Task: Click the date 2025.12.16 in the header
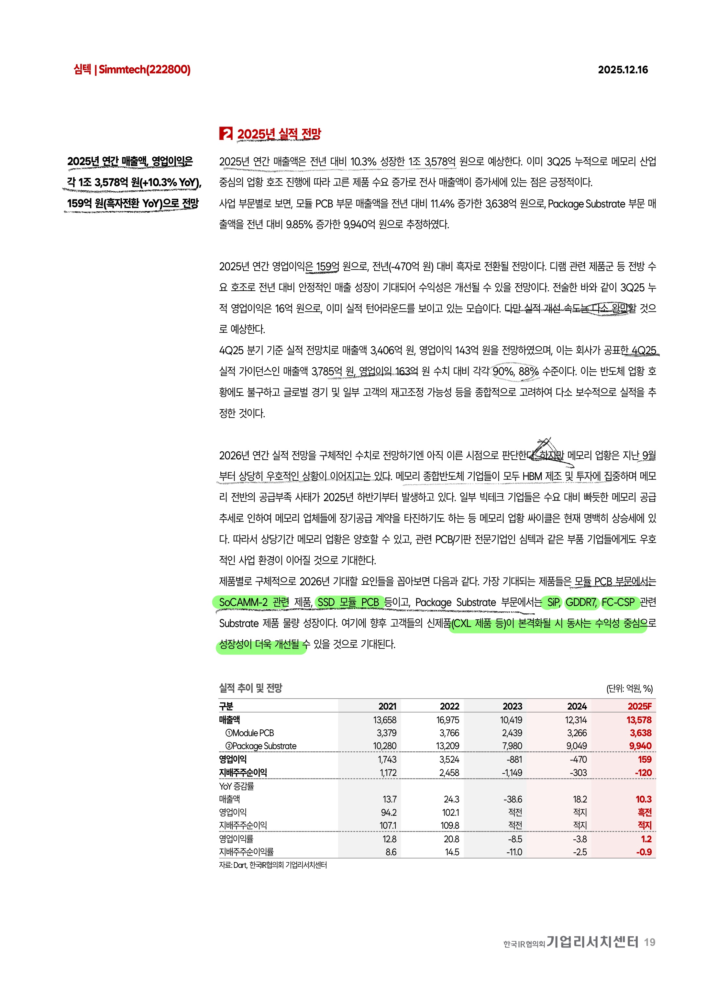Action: click(x=623, y=70)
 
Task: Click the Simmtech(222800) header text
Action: click(x=144, y=70)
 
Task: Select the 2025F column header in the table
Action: click(x=639, y=706)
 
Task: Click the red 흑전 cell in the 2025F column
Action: click(x=644, y=812)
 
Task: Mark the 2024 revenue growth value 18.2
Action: click(x=579, y=799)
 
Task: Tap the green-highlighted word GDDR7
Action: click(x=581, y=602)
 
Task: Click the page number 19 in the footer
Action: click(x=649, y=942)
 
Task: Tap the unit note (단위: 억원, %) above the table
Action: click(x=629, y=688)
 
